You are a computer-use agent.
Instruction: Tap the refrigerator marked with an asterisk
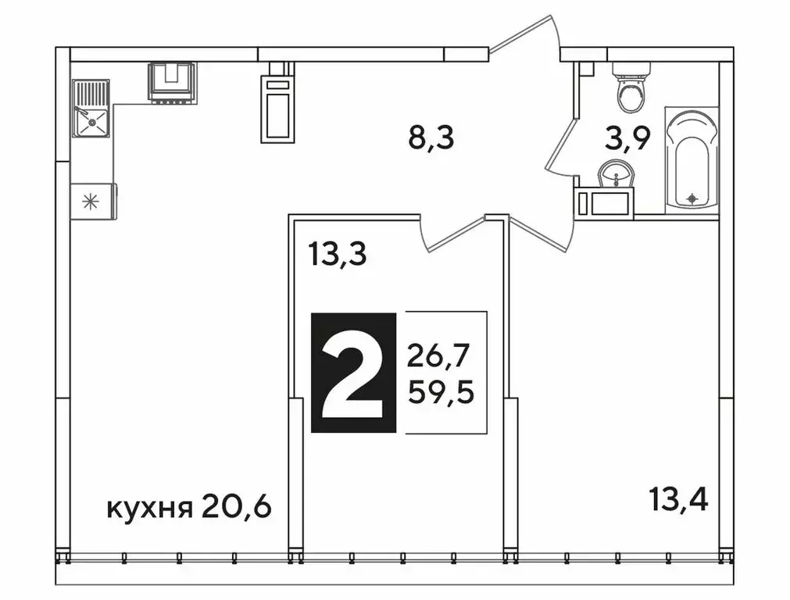coord(94,201)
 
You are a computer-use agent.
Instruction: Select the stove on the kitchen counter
coord(173,82)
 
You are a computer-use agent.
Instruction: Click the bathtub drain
coord(692,199)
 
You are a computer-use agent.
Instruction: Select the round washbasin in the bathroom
coord(617,173)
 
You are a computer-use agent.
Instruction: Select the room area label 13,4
coord(677,497)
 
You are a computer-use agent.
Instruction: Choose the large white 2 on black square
coord(353,372)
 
